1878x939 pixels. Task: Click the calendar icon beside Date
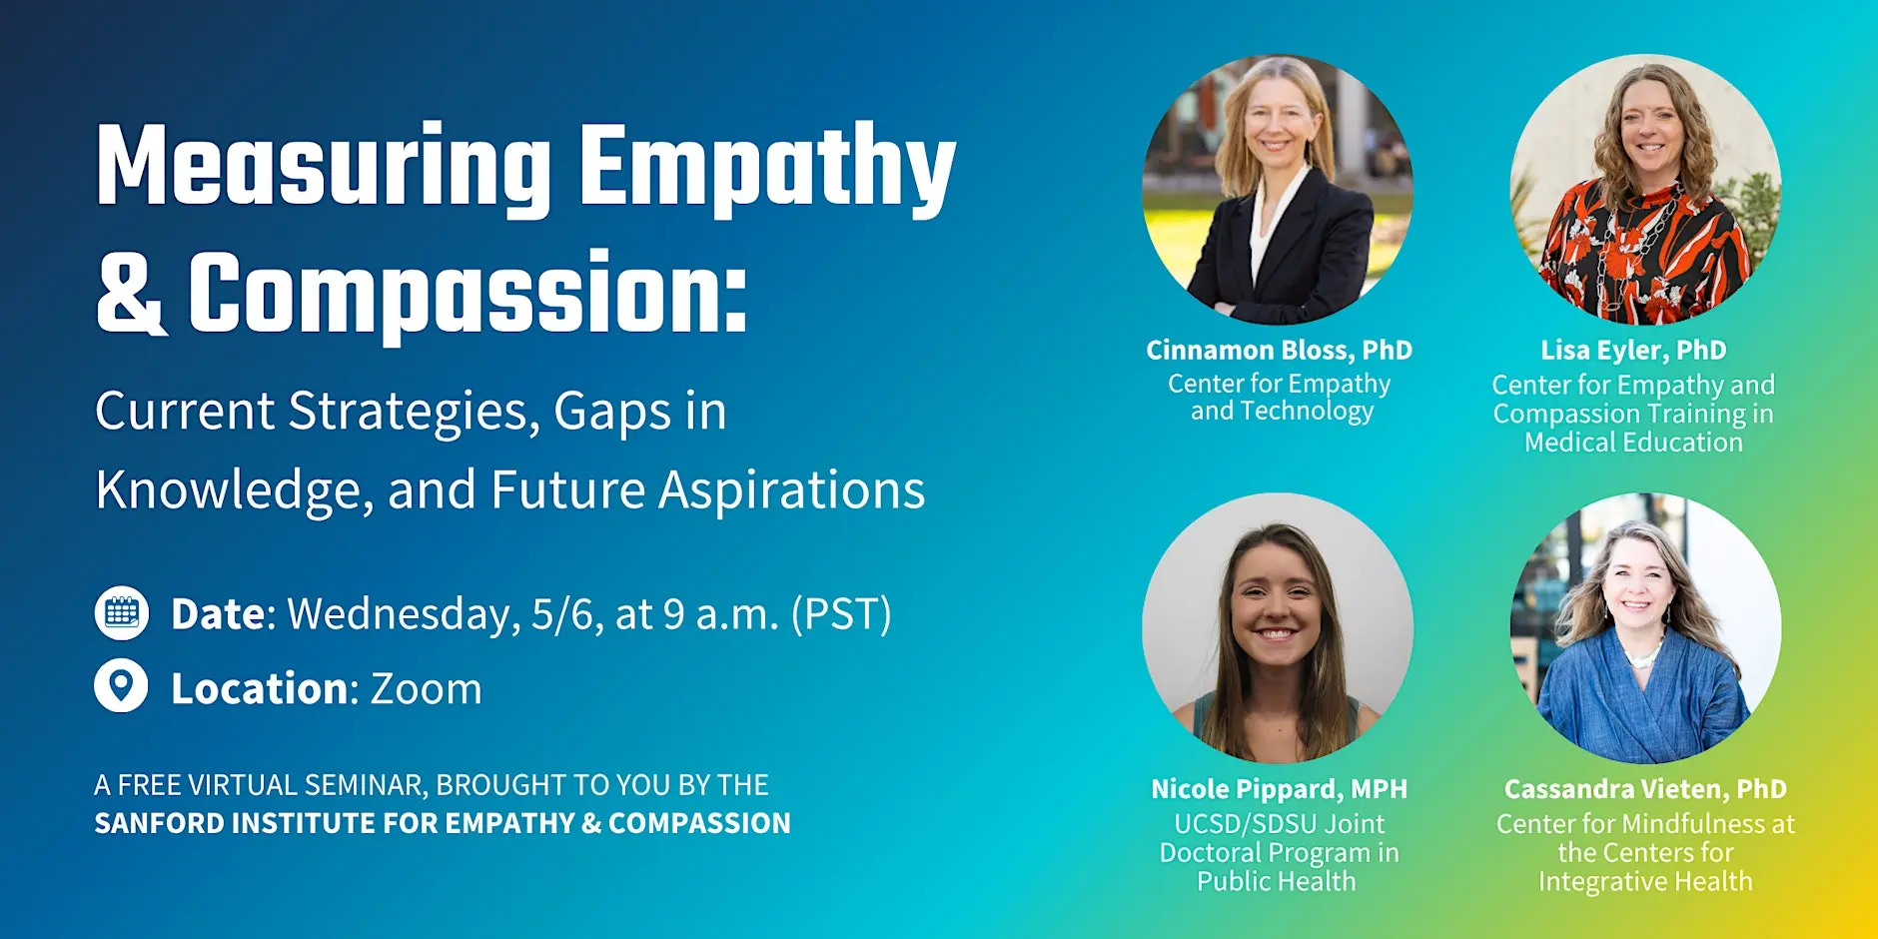click(x=122, y=612)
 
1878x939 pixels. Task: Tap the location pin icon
click(x=121, y=686)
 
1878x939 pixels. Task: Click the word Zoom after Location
click(x=426, y=689)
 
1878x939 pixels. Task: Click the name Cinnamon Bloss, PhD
click(x=1279, y=350)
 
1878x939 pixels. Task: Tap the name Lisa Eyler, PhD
click(x=1633, y=350)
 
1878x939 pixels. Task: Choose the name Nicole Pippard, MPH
click(x=1279, y=789)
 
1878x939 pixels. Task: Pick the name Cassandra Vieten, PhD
click(x=1645, y=789)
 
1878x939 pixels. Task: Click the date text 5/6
click(x=566, y=614)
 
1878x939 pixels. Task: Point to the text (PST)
click(x=841, y=614)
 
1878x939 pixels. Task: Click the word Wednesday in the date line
click(x=404, y=614)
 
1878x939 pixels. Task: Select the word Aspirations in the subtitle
click(x=791, y=490)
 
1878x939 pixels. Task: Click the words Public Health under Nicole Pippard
click(x=1277, y=881)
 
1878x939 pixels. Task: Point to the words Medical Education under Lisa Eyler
click(x=1633, y=443)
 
